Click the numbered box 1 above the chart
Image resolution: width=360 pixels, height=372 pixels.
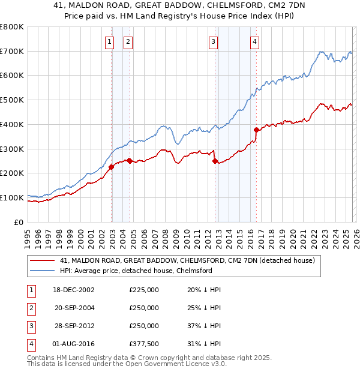[110, 41]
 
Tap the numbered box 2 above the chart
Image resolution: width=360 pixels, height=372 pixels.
[128, 41]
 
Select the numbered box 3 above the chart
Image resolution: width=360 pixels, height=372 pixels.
[213, 41]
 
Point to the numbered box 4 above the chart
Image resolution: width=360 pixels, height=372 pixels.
[254, 41]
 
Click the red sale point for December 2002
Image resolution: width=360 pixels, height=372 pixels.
[112, 167]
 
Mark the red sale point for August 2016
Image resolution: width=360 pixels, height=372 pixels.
[256, 130]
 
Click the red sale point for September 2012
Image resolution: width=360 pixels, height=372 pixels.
[215, 161]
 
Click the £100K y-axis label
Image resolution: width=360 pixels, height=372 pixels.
[13, 197]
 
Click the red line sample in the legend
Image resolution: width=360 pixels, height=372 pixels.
[42, 261]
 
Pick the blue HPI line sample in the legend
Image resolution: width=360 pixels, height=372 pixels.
[42, 271]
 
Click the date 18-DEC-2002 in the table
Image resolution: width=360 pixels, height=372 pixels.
[74, 290]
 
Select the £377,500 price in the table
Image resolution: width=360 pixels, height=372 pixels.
[144, 344]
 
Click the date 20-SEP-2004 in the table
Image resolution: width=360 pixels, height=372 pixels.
[74, 308]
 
